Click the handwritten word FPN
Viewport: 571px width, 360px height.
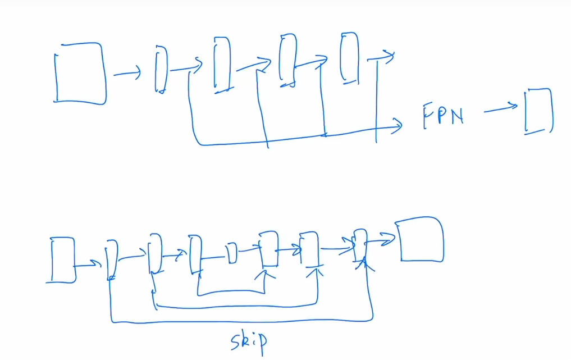click(443, 116)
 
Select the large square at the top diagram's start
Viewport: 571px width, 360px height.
click(80, 74)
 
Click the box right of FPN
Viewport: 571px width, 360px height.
click(538, 111)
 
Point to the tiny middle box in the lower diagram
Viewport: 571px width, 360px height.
click(232, 254)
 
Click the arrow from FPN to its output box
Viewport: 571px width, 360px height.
click(501, 108)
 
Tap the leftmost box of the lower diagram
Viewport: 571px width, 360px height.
click(62, 259)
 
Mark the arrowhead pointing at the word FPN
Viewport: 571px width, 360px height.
click(398, 124)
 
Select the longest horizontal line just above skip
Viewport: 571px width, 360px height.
click(241, 322)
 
